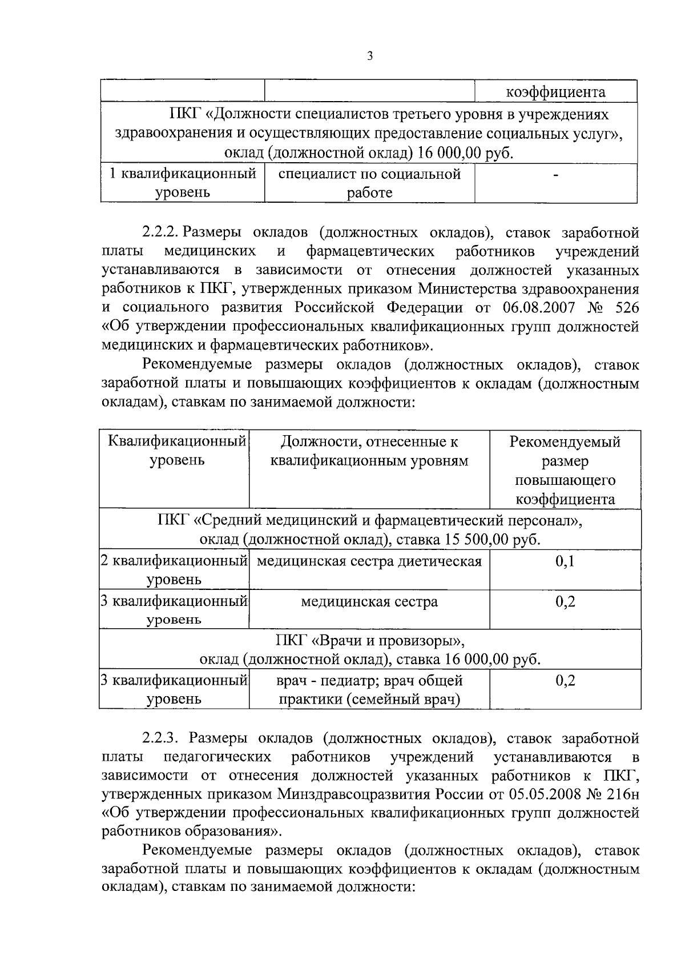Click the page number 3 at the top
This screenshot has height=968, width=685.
[x=370, y=56]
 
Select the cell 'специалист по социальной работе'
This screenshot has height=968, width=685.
[x=369, y=183]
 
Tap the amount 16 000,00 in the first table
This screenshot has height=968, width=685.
[x=448, y=153]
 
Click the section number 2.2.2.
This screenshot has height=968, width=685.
[x=161, y=232]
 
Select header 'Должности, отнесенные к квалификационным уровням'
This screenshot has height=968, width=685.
[x=369, y=451]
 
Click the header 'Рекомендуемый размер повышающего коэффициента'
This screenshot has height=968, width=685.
[x=565, y=470]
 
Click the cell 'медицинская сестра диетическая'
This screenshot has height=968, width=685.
[x=369, y=561]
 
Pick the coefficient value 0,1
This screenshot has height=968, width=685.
[x=565, y=561]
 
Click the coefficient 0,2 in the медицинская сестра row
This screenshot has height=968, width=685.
[x=565, y=601]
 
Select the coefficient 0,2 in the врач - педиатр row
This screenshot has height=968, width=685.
[x=565, y=680]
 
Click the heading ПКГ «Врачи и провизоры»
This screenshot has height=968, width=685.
[x=369, y=640]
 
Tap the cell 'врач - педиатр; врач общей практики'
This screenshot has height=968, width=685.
[x=369, y=689]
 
